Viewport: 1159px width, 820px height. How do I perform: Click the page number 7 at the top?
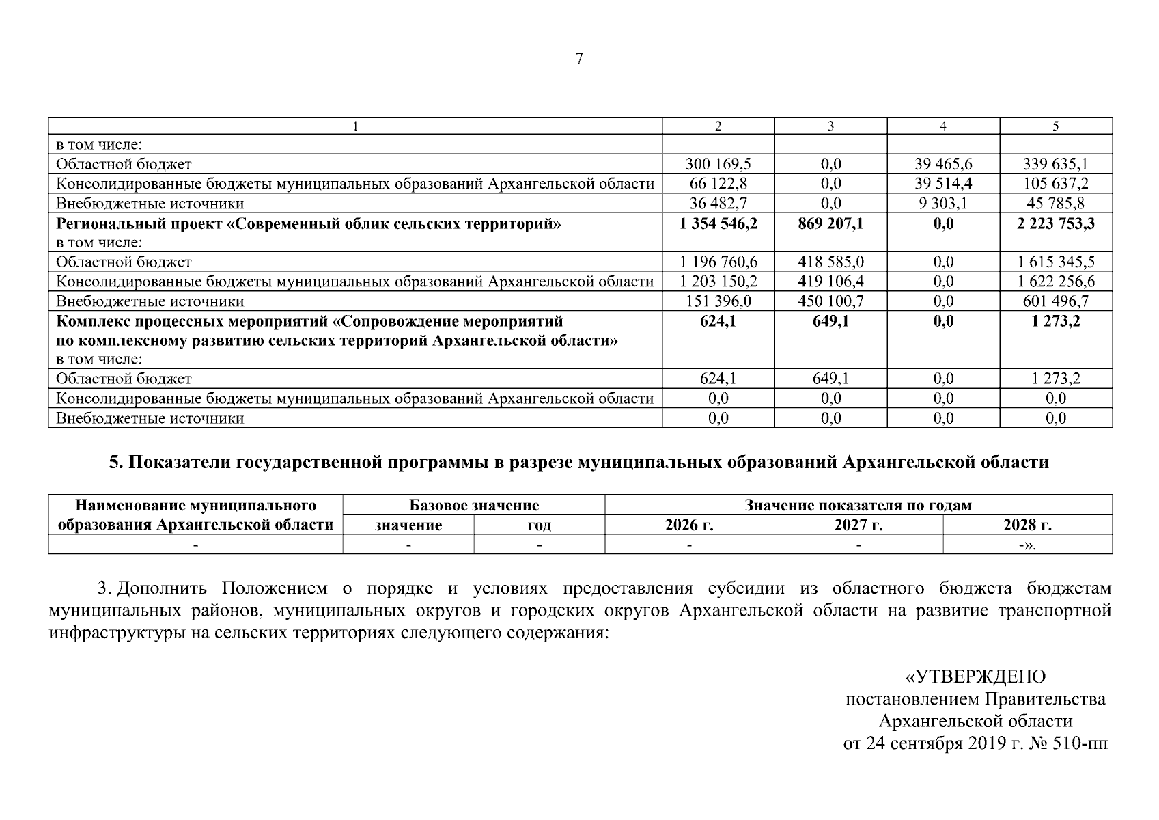tap(579, 59)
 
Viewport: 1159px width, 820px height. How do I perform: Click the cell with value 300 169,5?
tap(718, 164)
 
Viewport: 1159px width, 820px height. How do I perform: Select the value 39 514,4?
tap(943, 184)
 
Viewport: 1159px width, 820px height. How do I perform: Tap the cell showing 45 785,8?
tap(1056, 204)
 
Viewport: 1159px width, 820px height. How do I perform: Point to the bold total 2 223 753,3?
tap(1056, 223)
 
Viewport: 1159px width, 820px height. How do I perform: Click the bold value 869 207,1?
tap(830, 223)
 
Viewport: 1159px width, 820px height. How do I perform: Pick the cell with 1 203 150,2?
tap(718, 282)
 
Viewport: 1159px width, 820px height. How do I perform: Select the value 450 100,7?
tap(830, 301)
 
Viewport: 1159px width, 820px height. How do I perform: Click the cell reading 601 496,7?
tap(1056, 301)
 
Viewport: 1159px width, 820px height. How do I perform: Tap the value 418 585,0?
tap(830, 262)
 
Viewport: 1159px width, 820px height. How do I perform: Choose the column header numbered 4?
tap(943, 126)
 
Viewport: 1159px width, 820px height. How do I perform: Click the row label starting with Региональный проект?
tap(308, 223)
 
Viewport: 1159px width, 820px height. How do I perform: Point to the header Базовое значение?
tap(474, 506)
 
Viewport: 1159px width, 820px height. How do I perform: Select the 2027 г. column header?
tap(858, 525)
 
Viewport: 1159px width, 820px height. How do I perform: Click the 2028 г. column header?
tap(1027, 525)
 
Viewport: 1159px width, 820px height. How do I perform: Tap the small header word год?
tap(540, 525)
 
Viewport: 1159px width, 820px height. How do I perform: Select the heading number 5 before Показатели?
tap(115, 463)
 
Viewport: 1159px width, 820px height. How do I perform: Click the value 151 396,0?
tap(718, 301)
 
